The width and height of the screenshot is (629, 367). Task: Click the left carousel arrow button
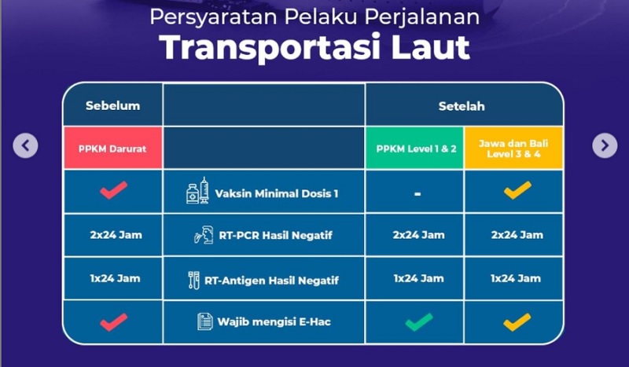[26, 145]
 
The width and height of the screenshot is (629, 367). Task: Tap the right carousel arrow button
[604, 145]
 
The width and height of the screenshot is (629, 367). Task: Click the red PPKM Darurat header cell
[112, 147]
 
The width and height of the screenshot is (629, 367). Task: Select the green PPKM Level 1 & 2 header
[414, 147]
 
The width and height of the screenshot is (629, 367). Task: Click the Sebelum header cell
[112, 105]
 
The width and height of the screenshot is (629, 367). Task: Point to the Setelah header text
[462, 105]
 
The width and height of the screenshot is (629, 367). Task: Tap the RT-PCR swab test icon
[204, 235]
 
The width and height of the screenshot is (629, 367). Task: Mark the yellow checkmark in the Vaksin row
[517, 189]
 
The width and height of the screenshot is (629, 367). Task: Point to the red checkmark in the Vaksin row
[113, 189]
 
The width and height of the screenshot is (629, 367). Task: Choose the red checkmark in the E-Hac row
[113, 321]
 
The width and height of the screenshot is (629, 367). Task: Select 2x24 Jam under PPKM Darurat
[112, 235]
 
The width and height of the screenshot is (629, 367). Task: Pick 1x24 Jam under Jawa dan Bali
[515, 278]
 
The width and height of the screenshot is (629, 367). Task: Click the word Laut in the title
[431, 47]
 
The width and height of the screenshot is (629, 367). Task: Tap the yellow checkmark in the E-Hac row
[517, 321]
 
